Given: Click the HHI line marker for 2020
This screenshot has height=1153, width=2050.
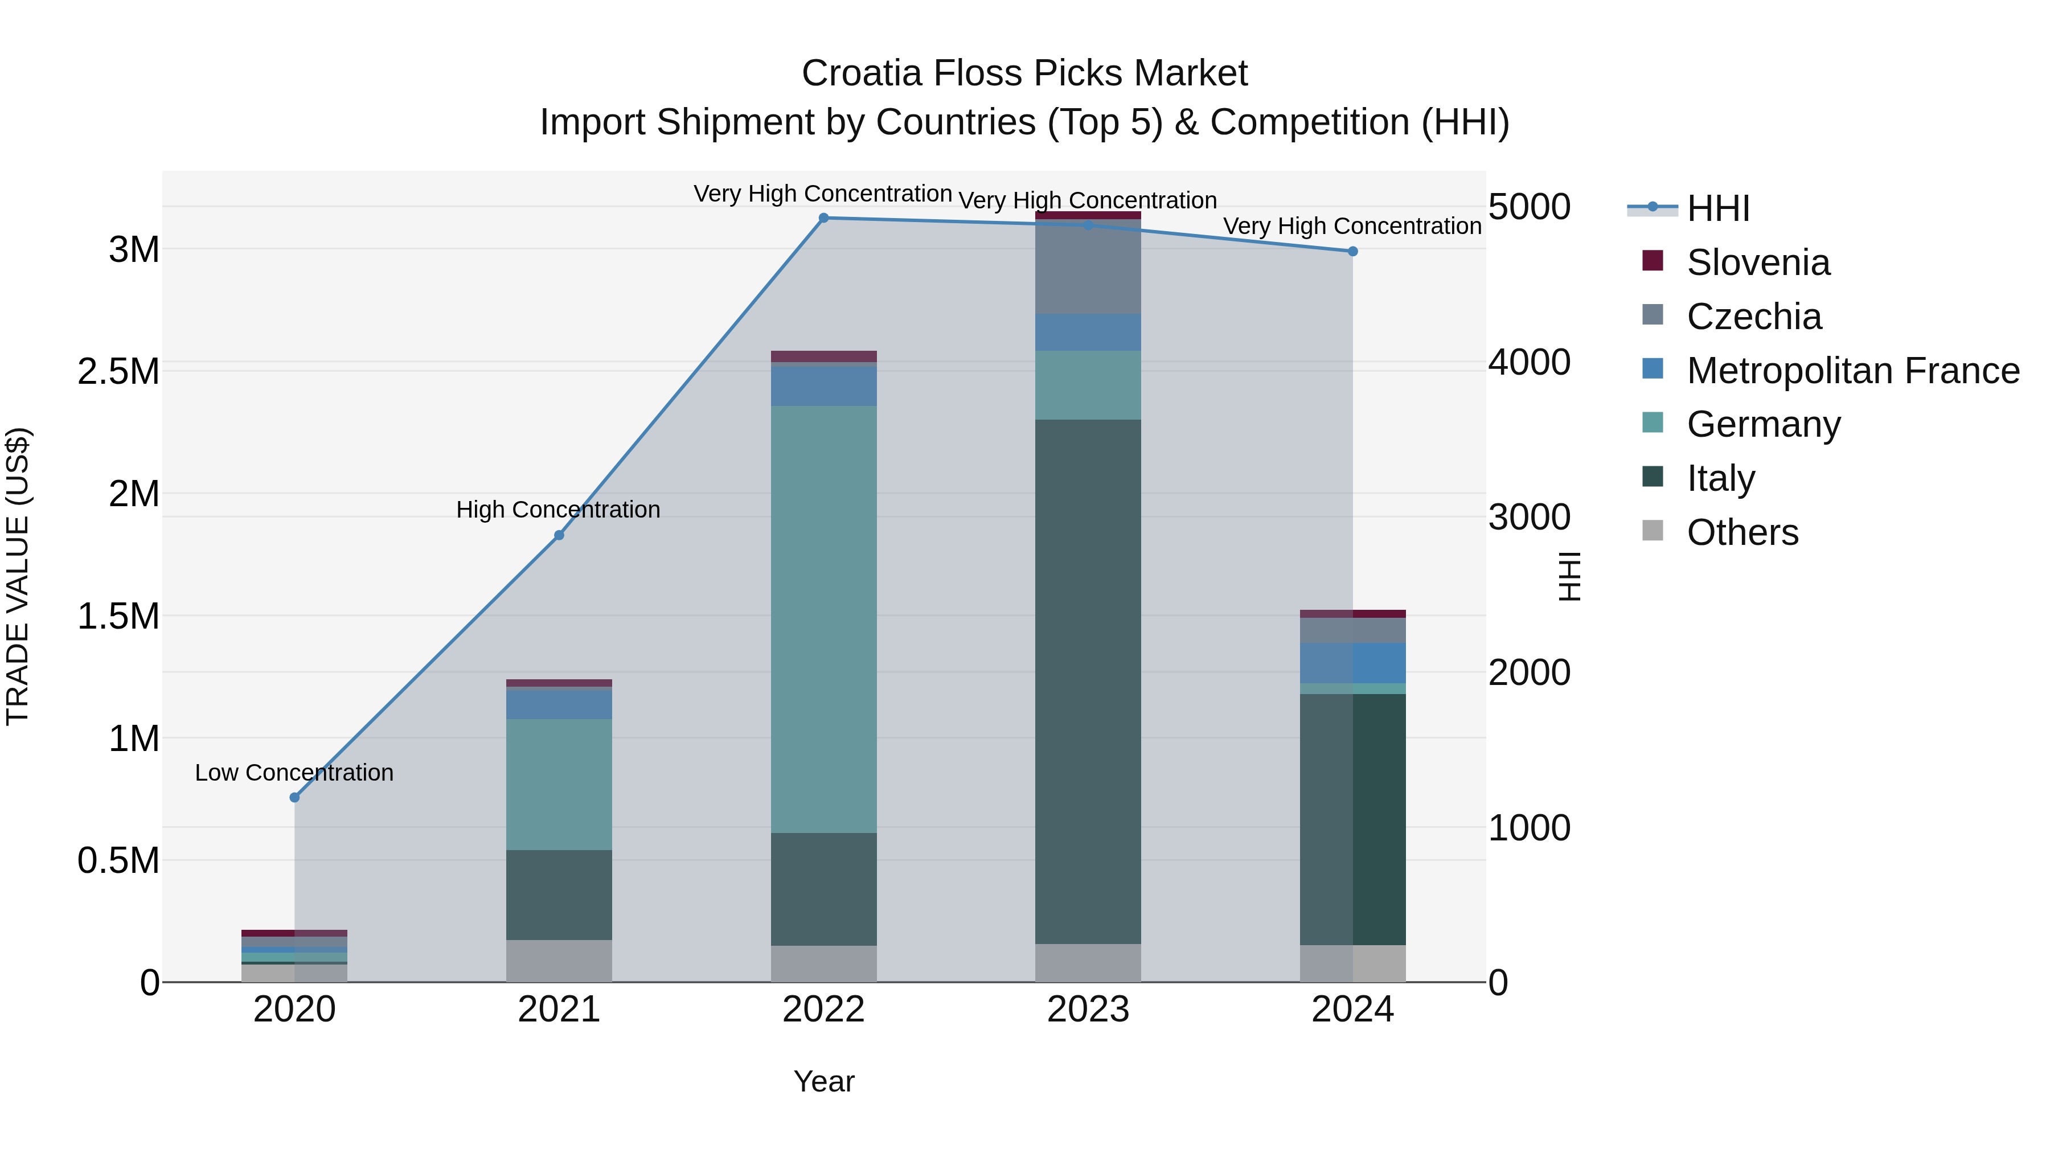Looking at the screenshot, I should coord(294,797).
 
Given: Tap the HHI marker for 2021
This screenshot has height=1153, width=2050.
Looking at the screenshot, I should coord(559,536).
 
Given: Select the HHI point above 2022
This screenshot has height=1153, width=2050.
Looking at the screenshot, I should coord(823,218).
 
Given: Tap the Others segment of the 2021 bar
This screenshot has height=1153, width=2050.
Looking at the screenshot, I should coord(559,961).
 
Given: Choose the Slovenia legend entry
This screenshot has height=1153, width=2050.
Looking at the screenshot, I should coord(1757,262).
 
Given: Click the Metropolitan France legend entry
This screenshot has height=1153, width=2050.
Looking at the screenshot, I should coord(1852,371).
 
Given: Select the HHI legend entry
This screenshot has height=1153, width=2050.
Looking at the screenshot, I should coord(1717,208).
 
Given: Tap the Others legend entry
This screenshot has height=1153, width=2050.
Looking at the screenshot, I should coord(1741,532).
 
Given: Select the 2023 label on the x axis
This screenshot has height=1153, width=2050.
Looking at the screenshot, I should coord(1088,1010).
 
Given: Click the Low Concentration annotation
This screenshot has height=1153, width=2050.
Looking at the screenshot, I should coord(294,773).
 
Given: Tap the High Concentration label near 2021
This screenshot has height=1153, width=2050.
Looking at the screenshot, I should coord(558,509).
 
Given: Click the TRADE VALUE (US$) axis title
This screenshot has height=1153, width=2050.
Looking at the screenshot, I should coord(18,576).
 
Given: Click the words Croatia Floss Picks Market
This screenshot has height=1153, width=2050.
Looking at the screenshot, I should coord(1024,73).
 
